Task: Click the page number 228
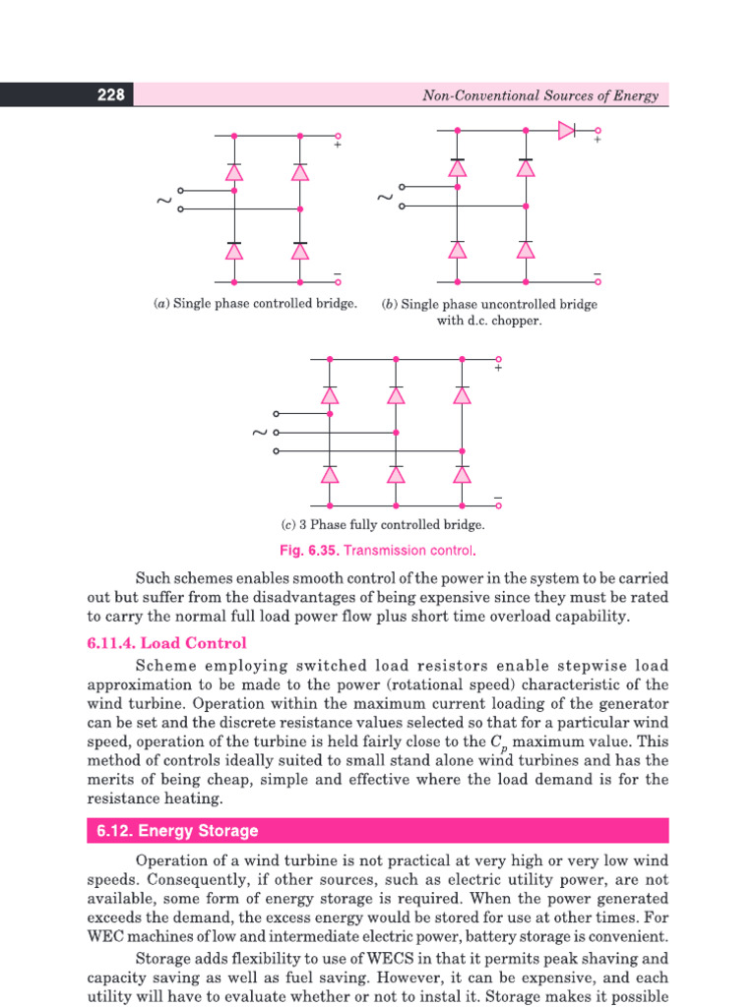coord(110,95)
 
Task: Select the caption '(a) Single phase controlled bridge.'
coord(255,304)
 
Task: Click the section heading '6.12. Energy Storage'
coord(178,831)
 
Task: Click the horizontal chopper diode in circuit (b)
coord(567,130)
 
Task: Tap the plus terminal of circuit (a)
coord(338,137)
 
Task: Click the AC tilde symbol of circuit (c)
coord(260,433)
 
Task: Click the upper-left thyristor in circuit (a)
coord(234,172)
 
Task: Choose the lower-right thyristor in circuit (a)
coord(300,251)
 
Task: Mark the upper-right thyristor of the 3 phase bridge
coord(462,395)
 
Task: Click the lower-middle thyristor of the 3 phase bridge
coord(396,474)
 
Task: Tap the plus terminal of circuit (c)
coord(499,360)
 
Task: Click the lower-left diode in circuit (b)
coord(457,250)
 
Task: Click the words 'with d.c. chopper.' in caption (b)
coord(489,322)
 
